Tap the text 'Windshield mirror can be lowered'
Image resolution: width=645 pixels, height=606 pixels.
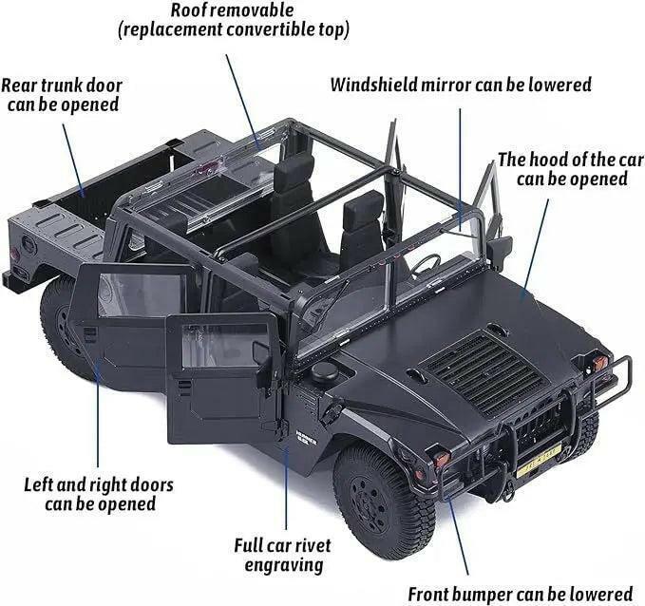click(460, 85)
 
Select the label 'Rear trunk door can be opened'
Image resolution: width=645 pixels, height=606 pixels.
click(63, 94)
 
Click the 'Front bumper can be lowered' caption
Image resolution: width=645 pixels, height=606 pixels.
click(520, 595)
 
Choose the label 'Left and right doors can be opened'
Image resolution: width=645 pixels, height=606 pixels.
click(99, 494)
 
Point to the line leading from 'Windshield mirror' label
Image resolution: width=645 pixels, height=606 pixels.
click(460, 161)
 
